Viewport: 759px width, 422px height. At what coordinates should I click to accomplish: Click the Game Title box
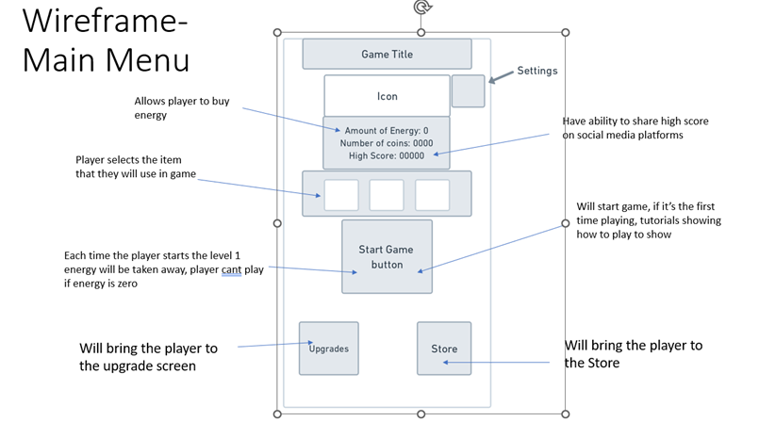coord(387,54)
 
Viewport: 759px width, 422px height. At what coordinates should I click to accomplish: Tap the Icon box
coord(387,95)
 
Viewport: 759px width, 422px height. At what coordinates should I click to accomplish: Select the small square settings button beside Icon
coord(468,90)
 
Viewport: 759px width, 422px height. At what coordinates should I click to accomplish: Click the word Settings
coord(537,71)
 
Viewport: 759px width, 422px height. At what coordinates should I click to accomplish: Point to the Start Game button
coord(387,256)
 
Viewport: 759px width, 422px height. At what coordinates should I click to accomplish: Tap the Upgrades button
coord(329,348)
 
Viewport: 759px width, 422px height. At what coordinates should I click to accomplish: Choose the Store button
coord(444,348)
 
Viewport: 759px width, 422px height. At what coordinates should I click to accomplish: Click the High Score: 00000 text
coord(387,155)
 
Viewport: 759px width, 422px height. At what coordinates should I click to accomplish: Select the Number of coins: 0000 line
coord(387,143)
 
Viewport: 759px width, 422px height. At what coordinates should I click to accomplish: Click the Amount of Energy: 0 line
coord(387,130)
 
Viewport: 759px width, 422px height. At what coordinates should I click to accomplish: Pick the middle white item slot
coord(387,195)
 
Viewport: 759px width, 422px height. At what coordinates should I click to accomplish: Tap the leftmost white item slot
coord(341,195)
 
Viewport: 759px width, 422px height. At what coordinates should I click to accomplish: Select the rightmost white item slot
coord(433,195)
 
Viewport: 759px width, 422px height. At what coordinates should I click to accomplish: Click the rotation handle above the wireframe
coord(421,8)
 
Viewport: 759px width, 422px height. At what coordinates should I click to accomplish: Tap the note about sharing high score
coord(635,127)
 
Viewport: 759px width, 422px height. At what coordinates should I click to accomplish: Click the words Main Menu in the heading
coord(106,59)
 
